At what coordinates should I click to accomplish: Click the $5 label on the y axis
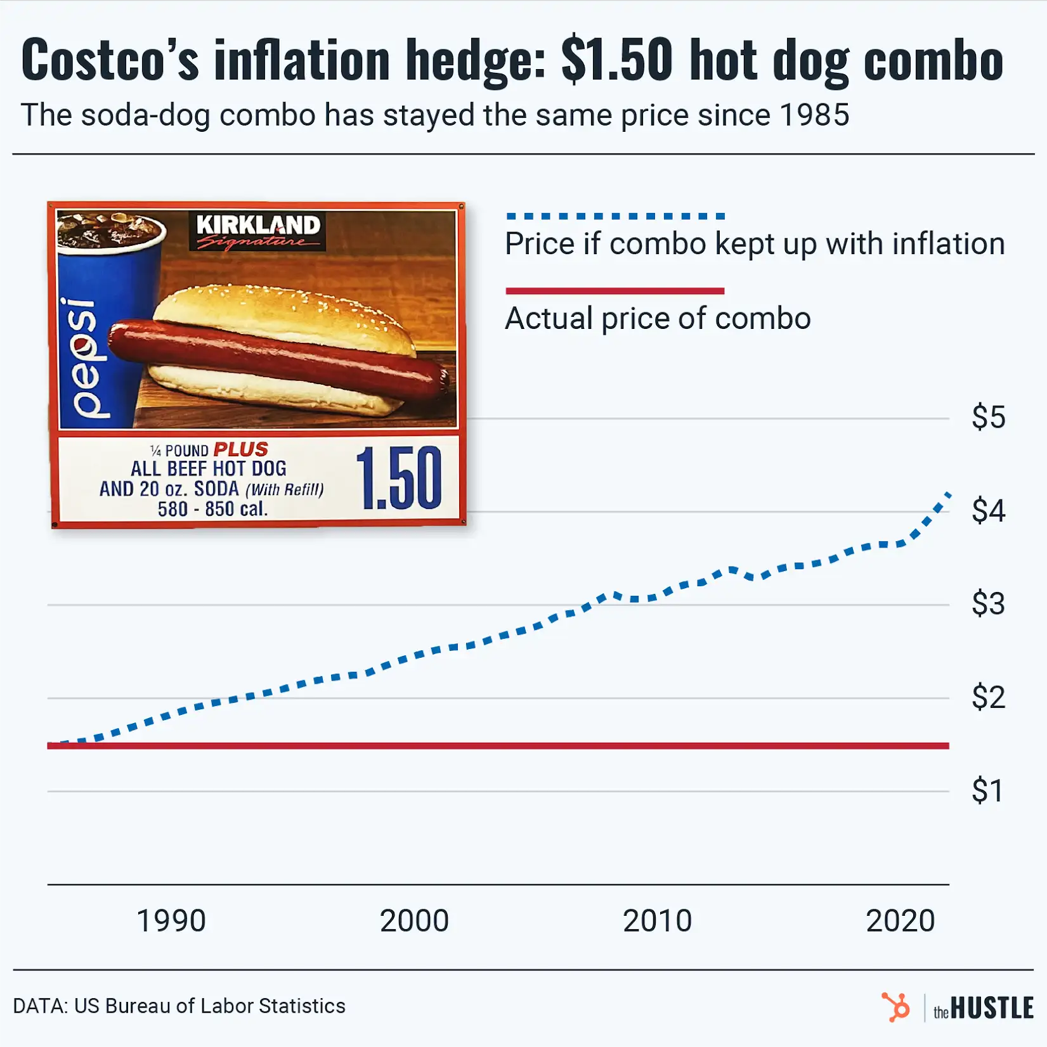[988, 418]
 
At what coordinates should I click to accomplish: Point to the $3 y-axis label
[988, 604]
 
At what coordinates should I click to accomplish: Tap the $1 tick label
[987, 791]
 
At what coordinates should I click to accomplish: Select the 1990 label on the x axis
[171, 921]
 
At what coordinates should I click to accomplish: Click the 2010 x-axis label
[657, 921]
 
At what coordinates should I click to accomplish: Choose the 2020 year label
[900, 921]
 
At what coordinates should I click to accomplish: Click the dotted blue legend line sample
[615, 216]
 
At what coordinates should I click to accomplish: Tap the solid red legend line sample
[615, 292]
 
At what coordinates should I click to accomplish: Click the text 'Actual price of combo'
[658, 319]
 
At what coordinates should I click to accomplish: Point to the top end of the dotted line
[948, 494]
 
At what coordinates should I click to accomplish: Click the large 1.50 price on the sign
[399, 479]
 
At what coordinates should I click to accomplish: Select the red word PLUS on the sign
[240, 449]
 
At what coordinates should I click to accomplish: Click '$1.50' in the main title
[616, 60]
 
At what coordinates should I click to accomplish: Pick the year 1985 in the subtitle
[814, 115]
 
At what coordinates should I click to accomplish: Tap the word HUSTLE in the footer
[992, 1008]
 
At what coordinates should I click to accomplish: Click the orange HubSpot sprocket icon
[896, 1007]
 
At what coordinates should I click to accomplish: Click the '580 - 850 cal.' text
[213, 509]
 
